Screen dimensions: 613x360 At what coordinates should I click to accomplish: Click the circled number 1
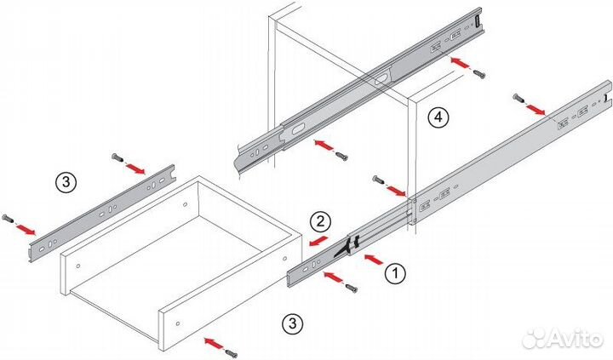[395, 273]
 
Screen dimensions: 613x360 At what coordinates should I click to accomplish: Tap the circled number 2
[320, 221]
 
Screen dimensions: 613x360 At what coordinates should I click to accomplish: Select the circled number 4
[438, 117]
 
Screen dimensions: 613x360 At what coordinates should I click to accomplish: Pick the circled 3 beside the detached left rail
[66, 182]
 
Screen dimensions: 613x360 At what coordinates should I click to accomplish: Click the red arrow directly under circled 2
[318, 241]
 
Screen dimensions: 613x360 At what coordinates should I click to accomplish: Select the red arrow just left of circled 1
[374, 260]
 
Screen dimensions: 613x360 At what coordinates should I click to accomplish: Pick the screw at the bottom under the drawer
[232, 353]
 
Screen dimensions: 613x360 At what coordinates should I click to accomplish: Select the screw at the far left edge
[8, 218]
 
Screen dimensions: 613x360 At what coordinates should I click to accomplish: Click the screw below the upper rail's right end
[479, 73]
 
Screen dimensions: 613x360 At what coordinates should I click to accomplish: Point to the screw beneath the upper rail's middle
[341, 157]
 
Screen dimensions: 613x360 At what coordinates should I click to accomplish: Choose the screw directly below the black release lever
[351, 289]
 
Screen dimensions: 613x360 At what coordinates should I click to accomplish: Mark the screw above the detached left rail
[117, 157]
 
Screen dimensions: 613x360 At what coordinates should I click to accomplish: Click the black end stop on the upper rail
[478, 21]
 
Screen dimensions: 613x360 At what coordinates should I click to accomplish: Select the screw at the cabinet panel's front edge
[378, 180]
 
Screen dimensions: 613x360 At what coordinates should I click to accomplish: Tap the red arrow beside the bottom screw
[215, 343]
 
